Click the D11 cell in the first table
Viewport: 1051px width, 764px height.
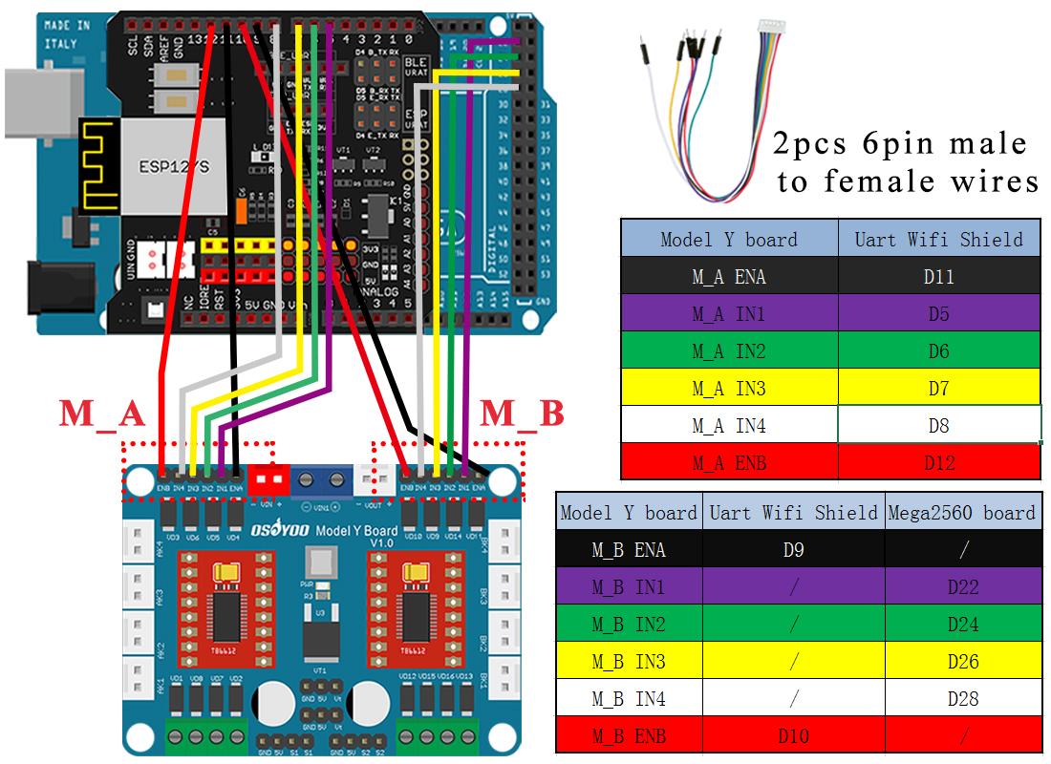click(x=938, y=277)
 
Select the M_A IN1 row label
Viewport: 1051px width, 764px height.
click(x=728, y=314)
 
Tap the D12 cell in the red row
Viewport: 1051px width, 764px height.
click(x=938, y=463)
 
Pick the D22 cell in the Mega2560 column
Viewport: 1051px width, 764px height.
click(x=962, y=587)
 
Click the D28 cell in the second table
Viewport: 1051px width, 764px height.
click(x=962, y=699)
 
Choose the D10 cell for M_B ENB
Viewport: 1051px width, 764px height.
click(x=793, y=736)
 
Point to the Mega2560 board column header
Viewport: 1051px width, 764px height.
click(x=962, y=513)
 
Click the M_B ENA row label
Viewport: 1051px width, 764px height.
click(x=629, y=550)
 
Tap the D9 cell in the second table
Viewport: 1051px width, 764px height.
click(x=793, y=550)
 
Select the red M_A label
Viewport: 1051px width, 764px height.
click(x=102, y=414)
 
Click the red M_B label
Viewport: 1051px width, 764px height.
click(x=522, y=414)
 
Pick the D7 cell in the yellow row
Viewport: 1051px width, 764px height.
click(x=938, y=389)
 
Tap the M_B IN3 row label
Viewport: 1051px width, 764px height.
click(x=629, y=662)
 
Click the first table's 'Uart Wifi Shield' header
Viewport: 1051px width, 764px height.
click(x=938, y=239)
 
